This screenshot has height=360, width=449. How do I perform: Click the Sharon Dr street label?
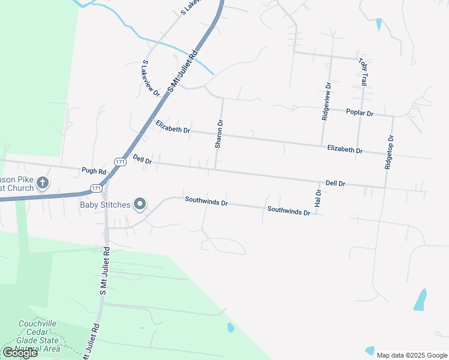pos(220,134)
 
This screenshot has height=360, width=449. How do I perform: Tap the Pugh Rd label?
pos(94,171)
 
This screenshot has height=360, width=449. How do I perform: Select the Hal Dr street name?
pos(318,199)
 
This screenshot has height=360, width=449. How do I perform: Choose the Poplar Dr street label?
pos(360,113)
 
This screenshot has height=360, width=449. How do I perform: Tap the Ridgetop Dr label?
pos(390,152)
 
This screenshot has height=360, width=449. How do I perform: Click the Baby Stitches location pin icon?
pos(140,205)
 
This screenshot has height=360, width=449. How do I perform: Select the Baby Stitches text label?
pos(105,205)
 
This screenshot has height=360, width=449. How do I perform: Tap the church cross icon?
pos(42,182)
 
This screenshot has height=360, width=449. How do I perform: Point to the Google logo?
pos(20,353)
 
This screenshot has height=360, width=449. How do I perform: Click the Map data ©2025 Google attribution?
pos(411,355)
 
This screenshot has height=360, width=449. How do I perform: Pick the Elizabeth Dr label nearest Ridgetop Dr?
pos(345,149)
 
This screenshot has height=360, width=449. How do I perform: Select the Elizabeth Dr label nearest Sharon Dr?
pos(173,127)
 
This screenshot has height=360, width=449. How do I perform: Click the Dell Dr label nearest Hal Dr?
pos(335,183)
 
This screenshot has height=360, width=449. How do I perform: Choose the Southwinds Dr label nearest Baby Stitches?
pos(206,202)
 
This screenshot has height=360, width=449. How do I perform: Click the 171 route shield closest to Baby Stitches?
pos(96,188)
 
